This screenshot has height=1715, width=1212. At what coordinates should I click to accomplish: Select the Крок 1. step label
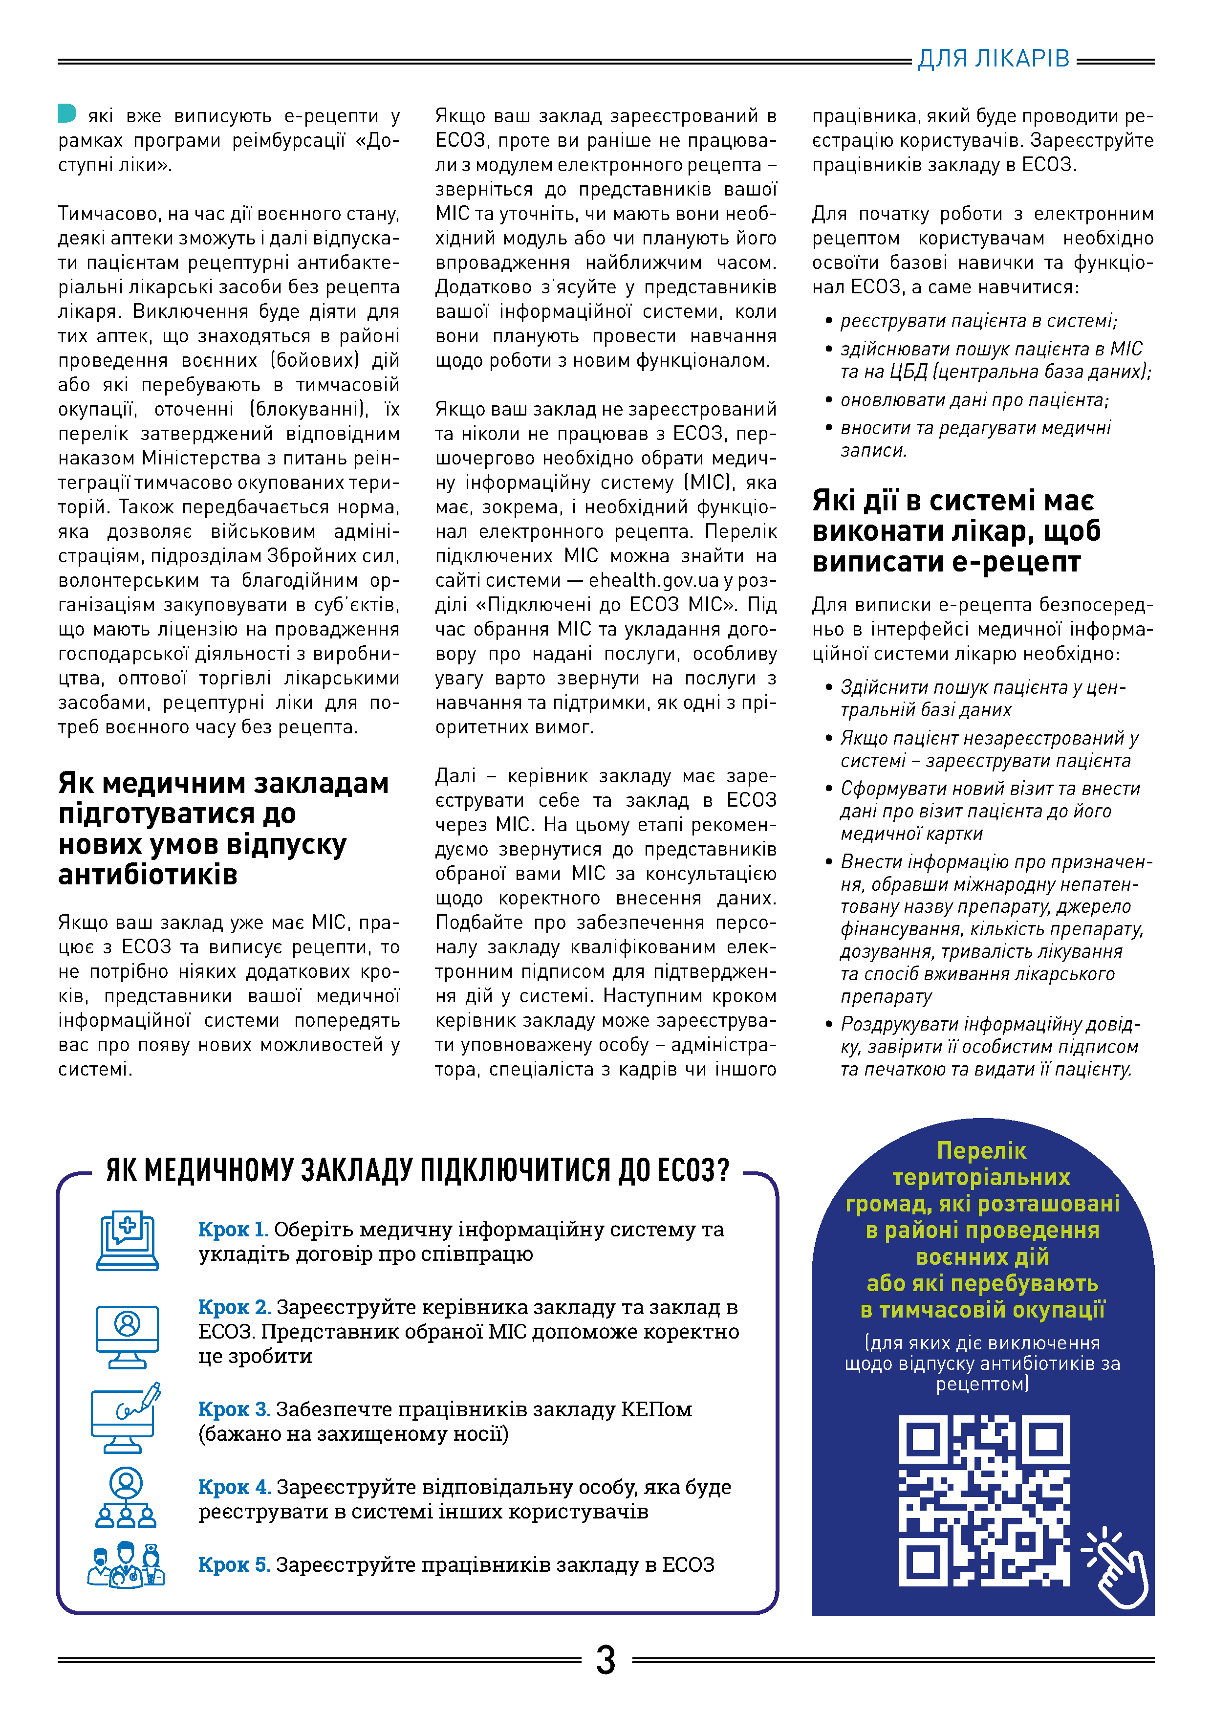(233, 1229)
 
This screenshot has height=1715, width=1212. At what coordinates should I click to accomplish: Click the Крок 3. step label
(234, 1409)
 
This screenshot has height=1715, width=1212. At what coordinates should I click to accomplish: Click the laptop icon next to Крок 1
(127, 1241)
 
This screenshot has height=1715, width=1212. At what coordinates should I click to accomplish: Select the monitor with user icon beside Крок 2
(127, 1336)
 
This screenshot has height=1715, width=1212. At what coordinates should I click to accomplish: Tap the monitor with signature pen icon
(126, 1418)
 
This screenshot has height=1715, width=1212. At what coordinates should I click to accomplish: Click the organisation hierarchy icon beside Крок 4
(126, 1497)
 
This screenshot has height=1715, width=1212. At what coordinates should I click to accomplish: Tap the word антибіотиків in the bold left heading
(148, 874)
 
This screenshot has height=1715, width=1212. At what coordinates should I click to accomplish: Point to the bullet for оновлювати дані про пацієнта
(829, 400)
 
